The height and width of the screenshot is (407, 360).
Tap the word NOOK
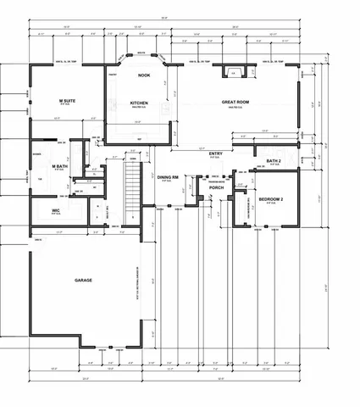(144, 75)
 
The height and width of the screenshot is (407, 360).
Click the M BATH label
(59, 165)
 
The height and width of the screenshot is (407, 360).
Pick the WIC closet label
(55, 210)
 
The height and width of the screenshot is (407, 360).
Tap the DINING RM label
(168, 177)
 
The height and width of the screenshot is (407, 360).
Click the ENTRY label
(215, 153)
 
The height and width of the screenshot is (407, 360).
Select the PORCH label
(216, 187)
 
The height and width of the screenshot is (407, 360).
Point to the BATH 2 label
(274, 160)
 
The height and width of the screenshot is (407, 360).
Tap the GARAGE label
(83, 280)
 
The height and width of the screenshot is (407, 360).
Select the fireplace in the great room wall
(234, 73)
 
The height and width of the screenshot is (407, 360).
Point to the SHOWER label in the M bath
(36, 154)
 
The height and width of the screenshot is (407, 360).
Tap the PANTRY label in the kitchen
(112, 75)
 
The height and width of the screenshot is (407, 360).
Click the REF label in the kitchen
(139, 138)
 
